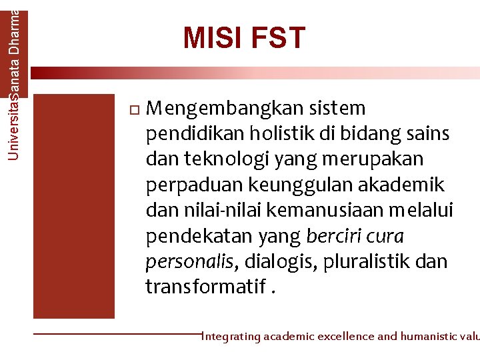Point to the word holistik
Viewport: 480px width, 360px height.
tap(279, 134)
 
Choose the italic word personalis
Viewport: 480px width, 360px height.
tap(189, 262)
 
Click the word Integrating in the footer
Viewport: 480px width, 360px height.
tap(231, 337)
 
